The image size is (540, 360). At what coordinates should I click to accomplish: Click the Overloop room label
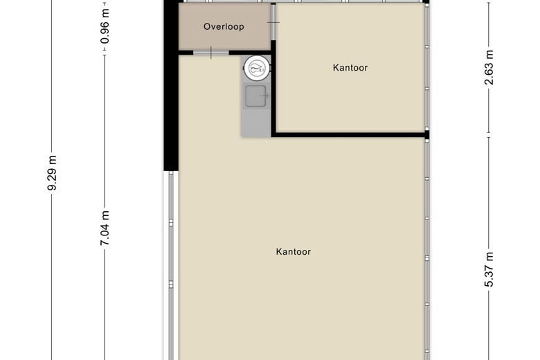(224, 26)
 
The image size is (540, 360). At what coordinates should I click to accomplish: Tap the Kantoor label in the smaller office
(350, 68)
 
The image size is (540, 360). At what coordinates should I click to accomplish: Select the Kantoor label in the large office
(294, 251)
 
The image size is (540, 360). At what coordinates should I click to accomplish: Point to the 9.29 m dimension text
(52, 173)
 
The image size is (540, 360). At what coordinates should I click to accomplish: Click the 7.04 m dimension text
(105, 228)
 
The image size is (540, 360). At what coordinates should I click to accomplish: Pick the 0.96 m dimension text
(105, 26)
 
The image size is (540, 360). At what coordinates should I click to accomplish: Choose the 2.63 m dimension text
(489, 68)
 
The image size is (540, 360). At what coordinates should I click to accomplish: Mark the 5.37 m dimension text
(489, 269)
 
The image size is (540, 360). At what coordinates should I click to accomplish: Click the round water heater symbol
(257, 68)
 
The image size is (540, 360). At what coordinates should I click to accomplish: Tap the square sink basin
(255, 96)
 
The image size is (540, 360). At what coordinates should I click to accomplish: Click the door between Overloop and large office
(211, 53)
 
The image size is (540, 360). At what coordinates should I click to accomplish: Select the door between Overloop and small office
(273, 22)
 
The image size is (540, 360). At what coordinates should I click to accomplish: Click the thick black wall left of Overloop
(171, 85)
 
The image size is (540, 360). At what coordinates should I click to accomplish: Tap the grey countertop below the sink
(256, 123)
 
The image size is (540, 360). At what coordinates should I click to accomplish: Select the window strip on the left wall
(171, 265)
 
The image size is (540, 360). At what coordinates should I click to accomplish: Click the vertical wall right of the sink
(273, 89)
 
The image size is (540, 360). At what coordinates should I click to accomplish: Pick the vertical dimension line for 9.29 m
(52, 180)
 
